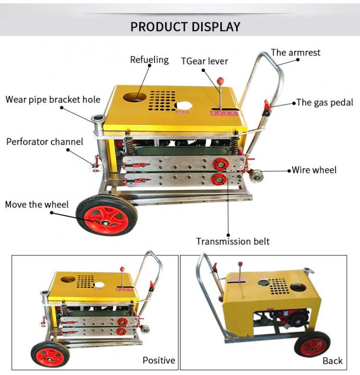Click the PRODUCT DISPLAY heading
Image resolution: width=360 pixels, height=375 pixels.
pos(185,26)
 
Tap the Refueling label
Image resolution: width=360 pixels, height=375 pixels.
pos(149,60)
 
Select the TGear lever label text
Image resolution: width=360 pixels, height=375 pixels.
pos(204,61)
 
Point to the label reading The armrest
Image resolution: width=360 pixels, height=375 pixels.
pos(295,52)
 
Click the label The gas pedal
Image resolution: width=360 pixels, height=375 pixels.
pos(325,103)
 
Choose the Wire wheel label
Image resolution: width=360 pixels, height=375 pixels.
pos(314,170)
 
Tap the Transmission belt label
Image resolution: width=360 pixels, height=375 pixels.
pos(232,241)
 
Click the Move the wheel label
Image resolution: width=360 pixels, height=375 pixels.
pos(36,204)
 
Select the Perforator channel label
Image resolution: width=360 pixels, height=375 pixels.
pos(44,142)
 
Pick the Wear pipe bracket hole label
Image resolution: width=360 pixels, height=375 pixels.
pos(53,99)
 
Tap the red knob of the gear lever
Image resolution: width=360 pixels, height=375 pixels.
pos(220,81)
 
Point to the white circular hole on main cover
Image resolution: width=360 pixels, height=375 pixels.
pos(183,105)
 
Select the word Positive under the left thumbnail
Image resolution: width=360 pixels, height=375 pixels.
pos(158,360)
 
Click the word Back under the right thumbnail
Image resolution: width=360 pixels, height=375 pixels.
pos(332,361)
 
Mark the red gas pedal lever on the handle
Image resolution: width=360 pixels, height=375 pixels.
pos(267,108)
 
